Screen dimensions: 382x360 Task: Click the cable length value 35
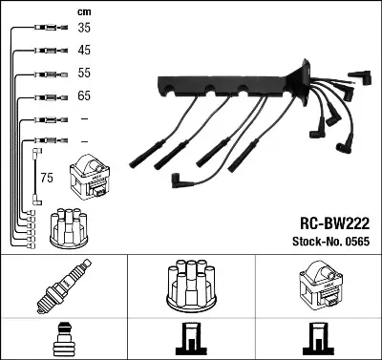84,28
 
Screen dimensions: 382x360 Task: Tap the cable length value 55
84,74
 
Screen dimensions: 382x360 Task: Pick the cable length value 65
84,96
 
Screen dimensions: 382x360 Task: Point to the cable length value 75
47,177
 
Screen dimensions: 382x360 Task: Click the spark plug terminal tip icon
63,338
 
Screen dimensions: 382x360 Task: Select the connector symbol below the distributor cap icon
190,338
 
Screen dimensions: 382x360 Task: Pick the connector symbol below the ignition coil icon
317,338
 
